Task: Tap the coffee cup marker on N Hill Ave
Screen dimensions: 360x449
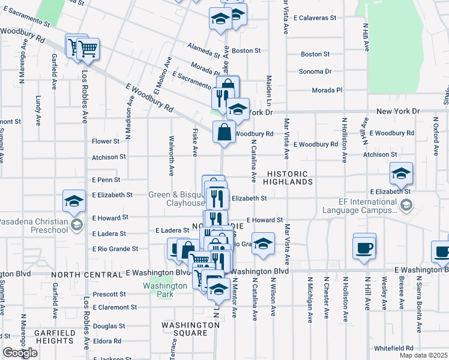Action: [x=364, y=248]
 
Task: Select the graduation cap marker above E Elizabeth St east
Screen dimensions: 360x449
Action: [x=401, y=175]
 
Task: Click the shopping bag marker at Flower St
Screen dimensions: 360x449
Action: [x=224, y=132]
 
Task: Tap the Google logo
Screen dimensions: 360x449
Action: [x=20, y=353]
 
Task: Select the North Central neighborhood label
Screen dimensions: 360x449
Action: [x=87, y=274]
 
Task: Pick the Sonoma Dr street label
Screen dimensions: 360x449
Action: [x=316, y=71]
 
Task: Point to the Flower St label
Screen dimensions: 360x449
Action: [x=106, y=142]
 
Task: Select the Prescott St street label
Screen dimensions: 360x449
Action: [x=109, y=295]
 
